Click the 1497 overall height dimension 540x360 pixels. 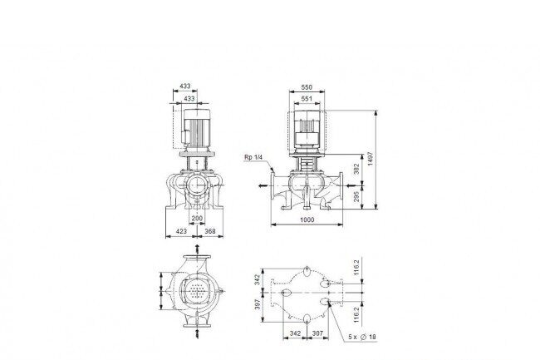coord(371,159)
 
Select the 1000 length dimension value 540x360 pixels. coord(307,219)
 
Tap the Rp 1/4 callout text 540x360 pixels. coord(253,157)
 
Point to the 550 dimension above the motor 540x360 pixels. coord(307,87)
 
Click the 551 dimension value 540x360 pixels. coord(307,99)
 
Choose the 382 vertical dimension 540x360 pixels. coord(356,169)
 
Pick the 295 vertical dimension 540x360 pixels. coord(356,196)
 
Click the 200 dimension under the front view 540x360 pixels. coord(197,219)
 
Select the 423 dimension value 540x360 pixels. coord(181,231)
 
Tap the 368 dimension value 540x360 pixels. coord(210,231)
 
